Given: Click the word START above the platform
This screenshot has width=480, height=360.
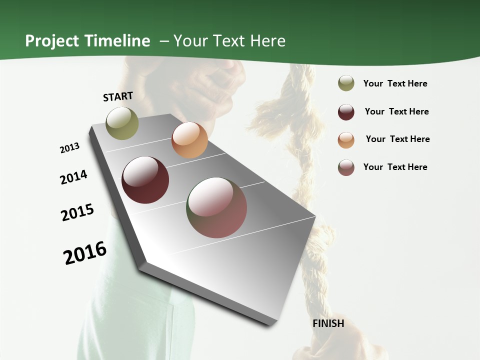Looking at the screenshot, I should point(118,96).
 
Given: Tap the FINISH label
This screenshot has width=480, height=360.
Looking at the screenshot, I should point(328,323).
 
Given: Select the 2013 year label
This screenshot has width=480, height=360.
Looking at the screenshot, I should point(69,148).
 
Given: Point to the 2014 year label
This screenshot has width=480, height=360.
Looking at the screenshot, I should point(73,177).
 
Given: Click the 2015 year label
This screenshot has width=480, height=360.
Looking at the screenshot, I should point(77,212).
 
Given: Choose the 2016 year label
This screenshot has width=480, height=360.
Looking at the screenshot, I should point(85,252).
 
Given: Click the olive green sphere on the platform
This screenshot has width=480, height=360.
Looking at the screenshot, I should point(122,123).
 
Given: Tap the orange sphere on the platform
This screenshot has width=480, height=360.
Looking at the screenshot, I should point(189,140).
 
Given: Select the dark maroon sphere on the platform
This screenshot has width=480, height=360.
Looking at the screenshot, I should point(145,180).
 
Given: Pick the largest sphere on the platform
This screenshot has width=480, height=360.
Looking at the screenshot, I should point(216,207).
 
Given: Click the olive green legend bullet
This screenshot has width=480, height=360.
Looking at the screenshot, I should point(346,83).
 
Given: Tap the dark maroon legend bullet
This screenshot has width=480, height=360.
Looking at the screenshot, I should point(346,112).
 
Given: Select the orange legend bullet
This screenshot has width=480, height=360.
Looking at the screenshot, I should point(346,139).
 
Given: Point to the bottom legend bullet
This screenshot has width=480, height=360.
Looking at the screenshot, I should point(346,167).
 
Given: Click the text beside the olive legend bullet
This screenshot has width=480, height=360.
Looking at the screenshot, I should point(395,83).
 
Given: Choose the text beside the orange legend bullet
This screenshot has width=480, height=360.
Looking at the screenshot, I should point(397,139).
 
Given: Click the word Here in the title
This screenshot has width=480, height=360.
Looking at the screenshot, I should point(267,41).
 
